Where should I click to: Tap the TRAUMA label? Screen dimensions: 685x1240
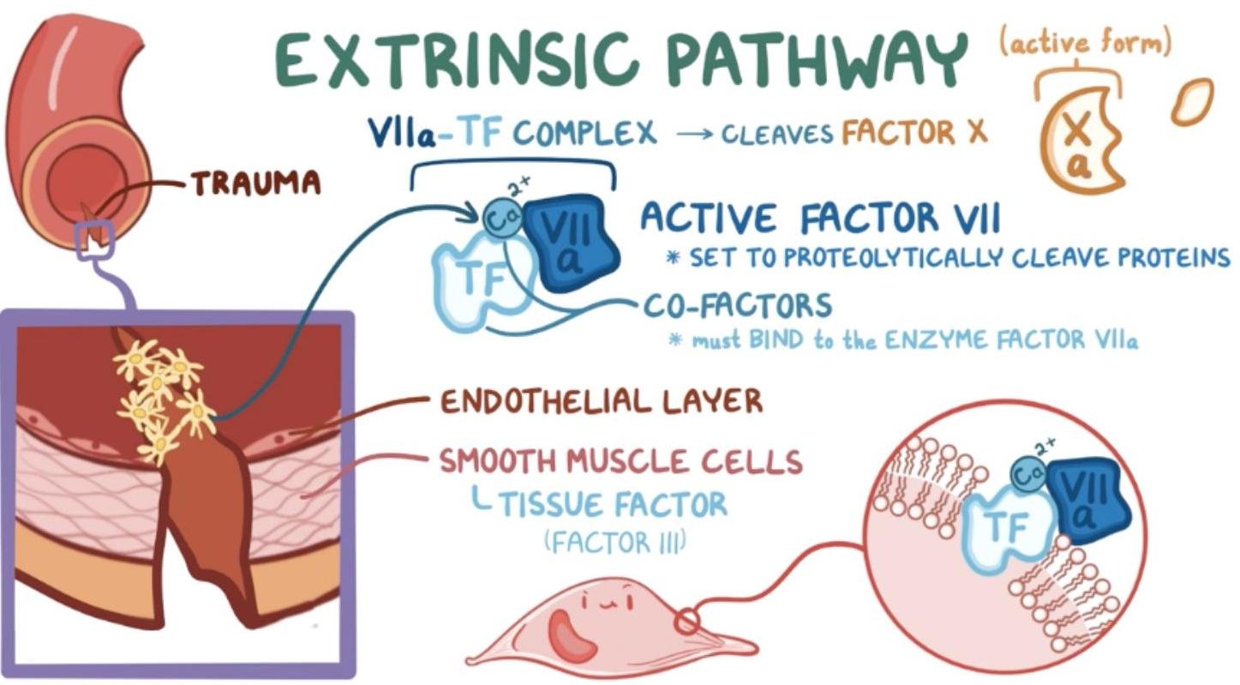coord(255,182)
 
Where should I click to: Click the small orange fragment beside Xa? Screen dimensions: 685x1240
coord(1192,101)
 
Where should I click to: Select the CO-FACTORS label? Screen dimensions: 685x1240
coord(738,305)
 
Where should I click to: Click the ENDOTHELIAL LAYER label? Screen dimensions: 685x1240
coord(601,401)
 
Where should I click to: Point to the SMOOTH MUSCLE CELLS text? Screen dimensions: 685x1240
coord(620,462)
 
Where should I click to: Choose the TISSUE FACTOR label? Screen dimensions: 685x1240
coord(613,504)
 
